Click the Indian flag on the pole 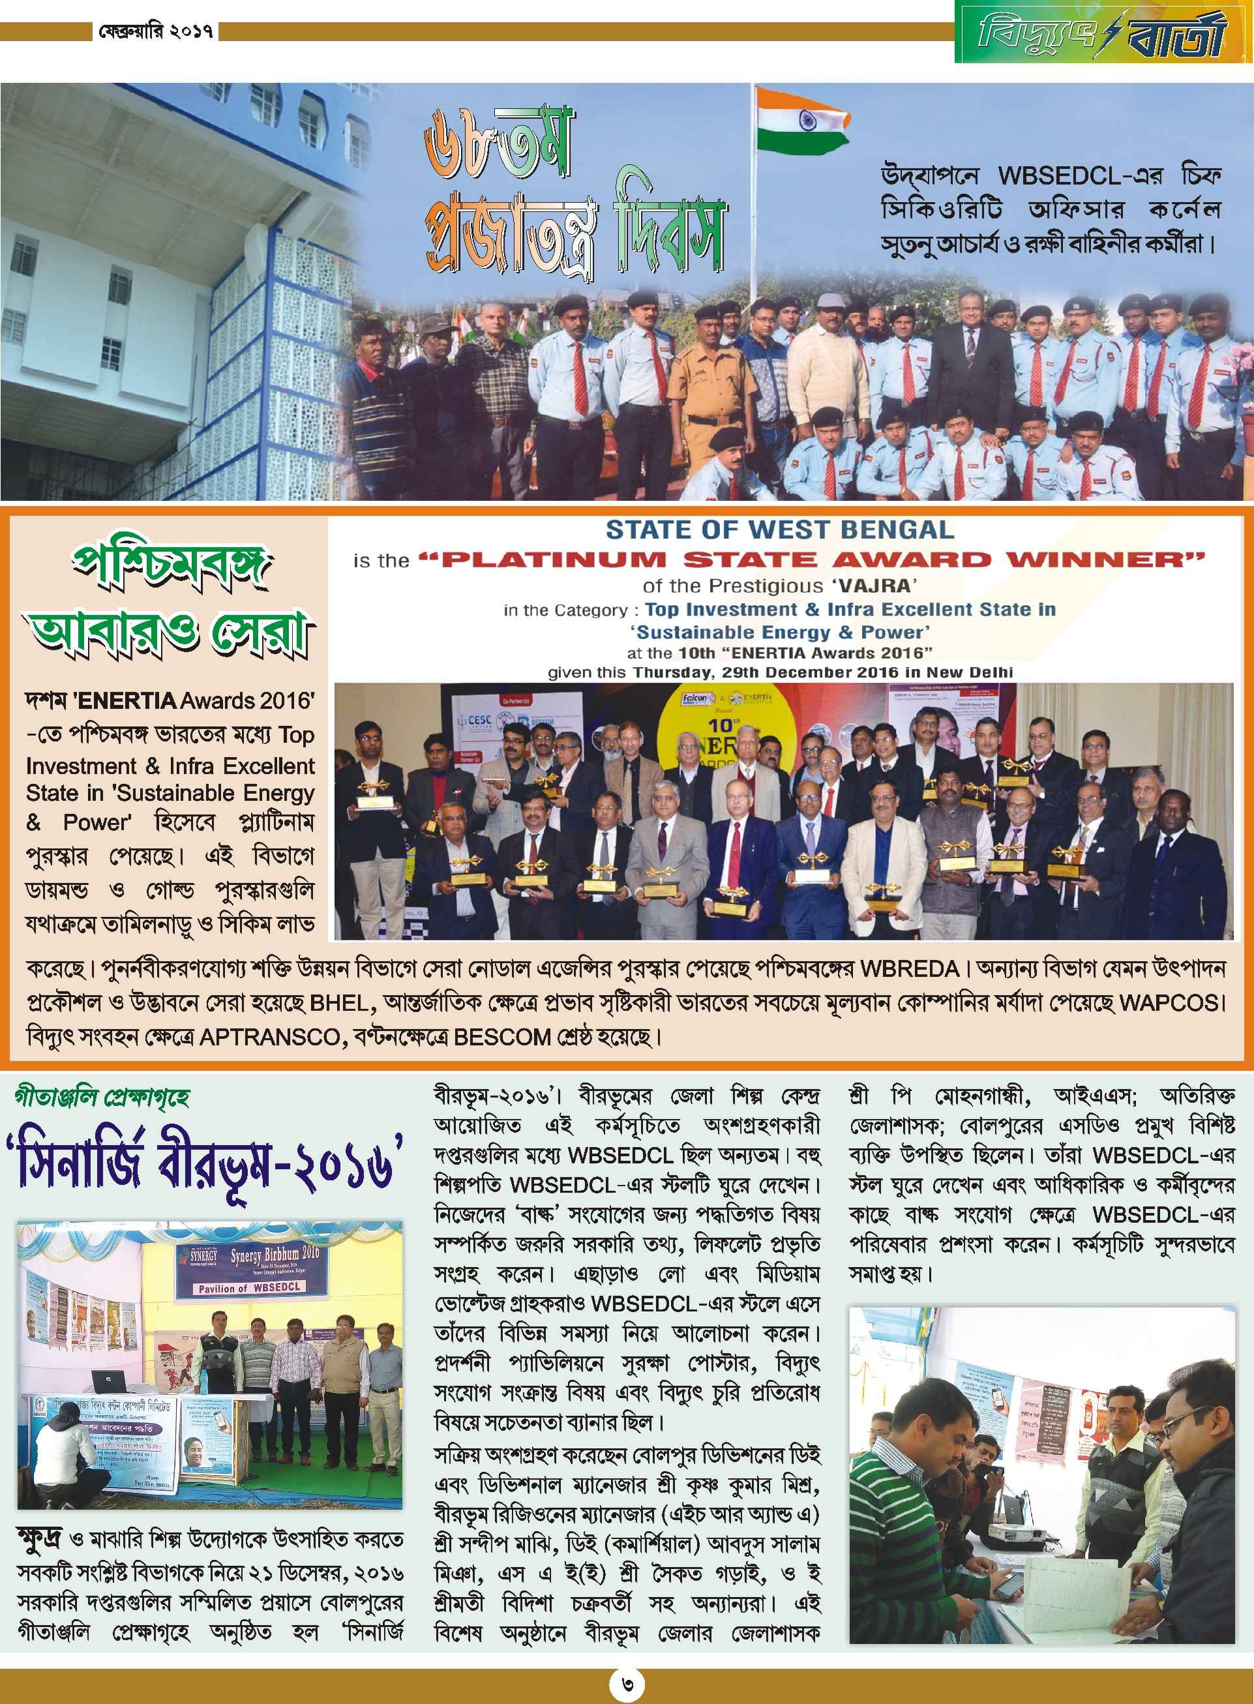tap(801, 121)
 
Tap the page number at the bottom tap(627, 1682)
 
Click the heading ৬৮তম tap(497, 143)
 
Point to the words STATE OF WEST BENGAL tap(779, 530)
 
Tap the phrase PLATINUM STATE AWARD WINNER tap(811, 560)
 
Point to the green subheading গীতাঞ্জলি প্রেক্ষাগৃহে tap(102, 1098)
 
